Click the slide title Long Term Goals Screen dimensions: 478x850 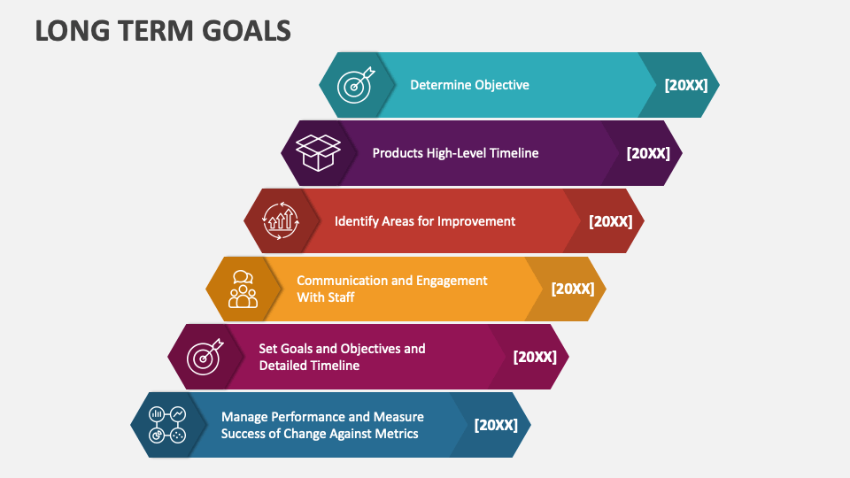point(163,30)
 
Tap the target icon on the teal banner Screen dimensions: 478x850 point(357,85)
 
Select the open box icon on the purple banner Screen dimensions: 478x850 point(319,152)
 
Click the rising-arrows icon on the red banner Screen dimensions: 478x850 point(281,221)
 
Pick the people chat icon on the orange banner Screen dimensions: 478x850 point(243,289)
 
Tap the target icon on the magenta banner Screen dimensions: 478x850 point(205,357)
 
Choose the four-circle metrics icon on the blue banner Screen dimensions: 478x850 point(167,425)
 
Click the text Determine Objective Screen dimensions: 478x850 point(469,85)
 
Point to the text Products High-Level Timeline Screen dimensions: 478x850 point(455,153)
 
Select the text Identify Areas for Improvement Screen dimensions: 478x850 point(425,221)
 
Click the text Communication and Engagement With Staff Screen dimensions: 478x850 point(391,289)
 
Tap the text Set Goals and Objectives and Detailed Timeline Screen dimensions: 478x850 point(342,357)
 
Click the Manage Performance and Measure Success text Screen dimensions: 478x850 point(322,425)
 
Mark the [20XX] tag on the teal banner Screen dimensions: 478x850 point(686,85)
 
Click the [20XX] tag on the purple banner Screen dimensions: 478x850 point(648,153)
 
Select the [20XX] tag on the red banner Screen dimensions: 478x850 point(611,221)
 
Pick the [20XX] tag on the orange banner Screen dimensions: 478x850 point(573,289)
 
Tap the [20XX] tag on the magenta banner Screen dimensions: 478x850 point(535,357)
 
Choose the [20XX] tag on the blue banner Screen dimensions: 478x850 point(496,425)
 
